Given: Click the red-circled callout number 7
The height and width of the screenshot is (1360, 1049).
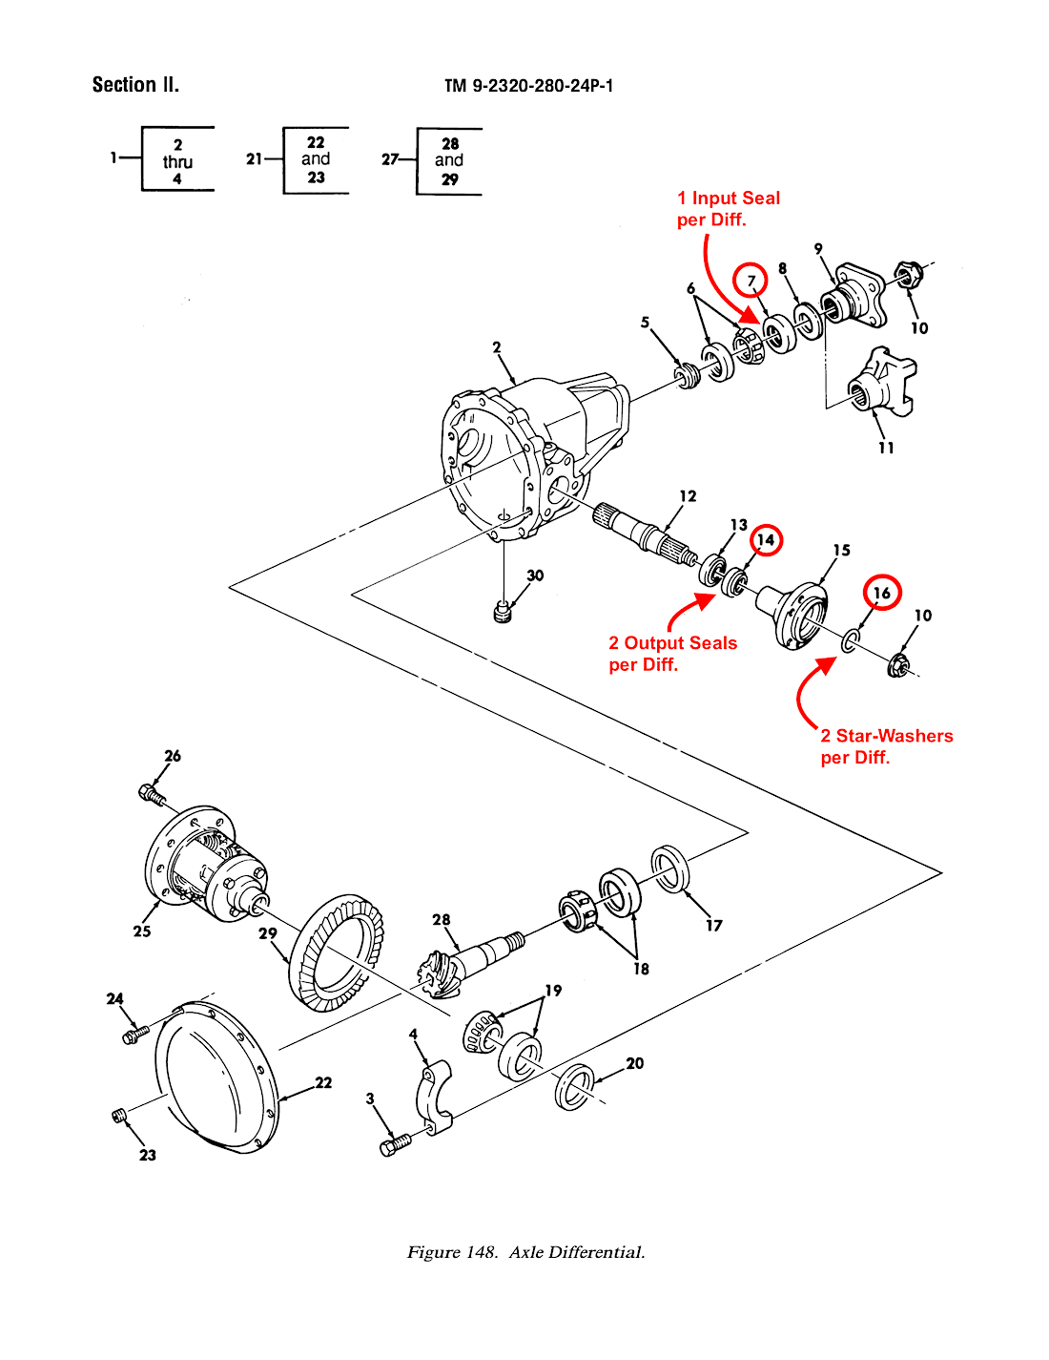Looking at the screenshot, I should pyautogui.click(x=751, y=281).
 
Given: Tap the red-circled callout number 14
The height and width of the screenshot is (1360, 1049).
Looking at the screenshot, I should pyautogui.click(x=766, y=540).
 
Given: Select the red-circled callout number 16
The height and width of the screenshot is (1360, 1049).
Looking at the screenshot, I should pyautogui.click(x=882, y=593).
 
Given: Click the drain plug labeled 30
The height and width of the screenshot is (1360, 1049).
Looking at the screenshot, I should pyautogui.click(x=504, y=612).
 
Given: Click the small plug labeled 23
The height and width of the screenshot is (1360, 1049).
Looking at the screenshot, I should pyautogui.click(x=119, y=1116).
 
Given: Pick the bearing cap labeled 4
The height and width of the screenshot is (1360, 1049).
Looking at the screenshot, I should pyautogui.click(x=433, y=1098).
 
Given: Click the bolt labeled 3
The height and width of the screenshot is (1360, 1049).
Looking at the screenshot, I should pyautogui.click(x=394, y=1144).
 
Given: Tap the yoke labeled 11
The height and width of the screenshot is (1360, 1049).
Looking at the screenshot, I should pyautogui.click(x=881, y=383).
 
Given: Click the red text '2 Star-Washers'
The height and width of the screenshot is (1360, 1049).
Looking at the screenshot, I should pyautogui.click(x=887, y=736).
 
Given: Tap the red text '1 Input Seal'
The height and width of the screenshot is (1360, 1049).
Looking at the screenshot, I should pyautogui.click(x=729, y=199).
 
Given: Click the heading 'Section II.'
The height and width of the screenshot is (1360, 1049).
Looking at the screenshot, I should pyautogui.click(x=135, y=85).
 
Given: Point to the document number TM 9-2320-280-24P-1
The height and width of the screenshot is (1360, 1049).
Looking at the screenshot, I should pyautogui.click(x=528, y=86).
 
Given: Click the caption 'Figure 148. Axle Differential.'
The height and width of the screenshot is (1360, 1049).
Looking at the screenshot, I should pyautogui.click(x=525, y=1252).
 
